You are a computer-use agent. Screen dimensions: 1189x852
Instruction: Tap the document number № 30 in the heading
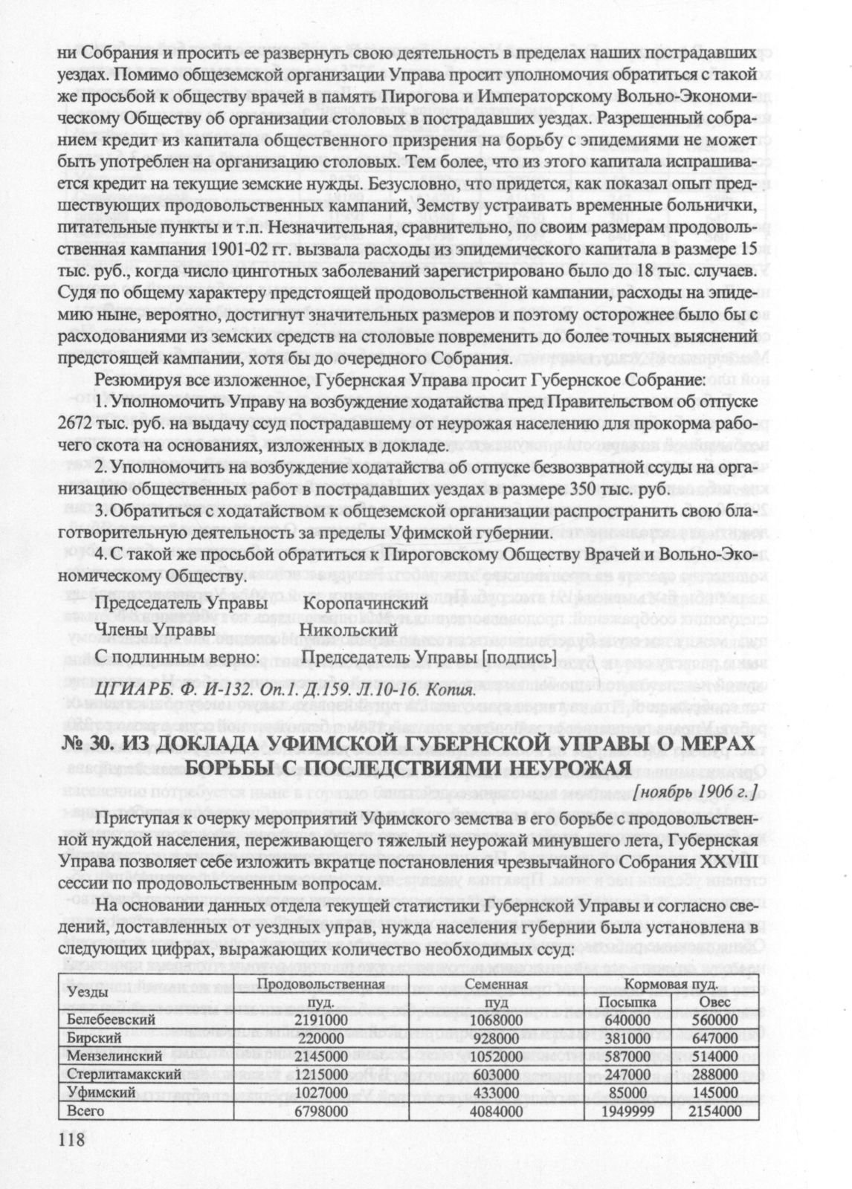pos(83,744)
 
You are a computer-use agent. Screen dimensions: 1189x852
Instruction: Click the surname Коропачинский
pos(364,603)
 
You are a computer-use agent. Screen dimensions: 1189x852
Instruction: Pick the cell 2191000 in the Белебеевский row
pos(322,1019)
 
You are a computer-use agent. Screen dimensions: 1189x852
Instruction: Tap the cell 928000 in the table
pos(492,1037)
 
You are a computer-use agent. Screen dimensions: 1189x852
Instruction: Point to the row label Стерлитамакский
pos(114,1074)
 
